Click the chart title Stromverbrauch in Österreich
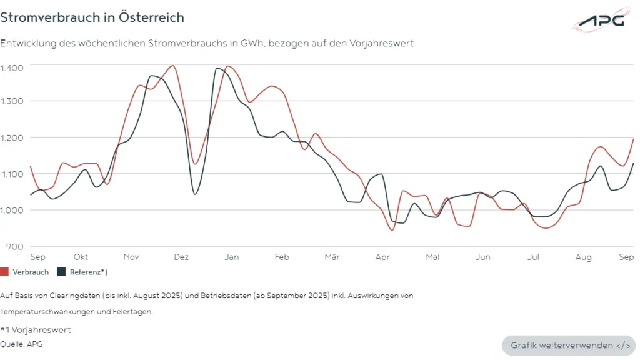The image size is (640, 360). point(92,17)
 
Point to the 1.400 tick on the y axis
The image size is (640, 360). point(12,67)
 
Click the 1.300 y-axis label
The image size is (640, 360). point(12,101)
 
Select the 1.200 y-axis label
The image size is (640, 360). point(12,137)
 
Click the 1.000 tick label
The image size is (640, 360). point(12,210)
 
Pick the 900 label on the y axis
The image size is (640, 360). point(14,246)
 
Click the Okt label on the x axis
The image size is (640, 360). point(81,257)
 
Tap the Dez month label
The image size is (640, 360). point(181,257)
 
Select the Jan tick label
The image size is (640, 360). point(231,257)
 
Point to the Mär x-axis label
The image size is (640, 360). point(332,257)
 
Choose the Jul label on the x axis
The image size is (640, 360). point(533,257)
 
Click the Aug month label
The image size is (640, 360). point(583,257)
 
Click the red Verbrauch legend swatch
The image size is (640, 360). point(5,272)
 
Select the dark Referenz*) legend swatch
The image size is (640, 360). point(61,272)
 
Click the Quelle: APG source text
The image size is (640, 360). point(22,344)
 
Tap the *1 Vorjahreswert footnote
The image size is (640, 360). point(36,329)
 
